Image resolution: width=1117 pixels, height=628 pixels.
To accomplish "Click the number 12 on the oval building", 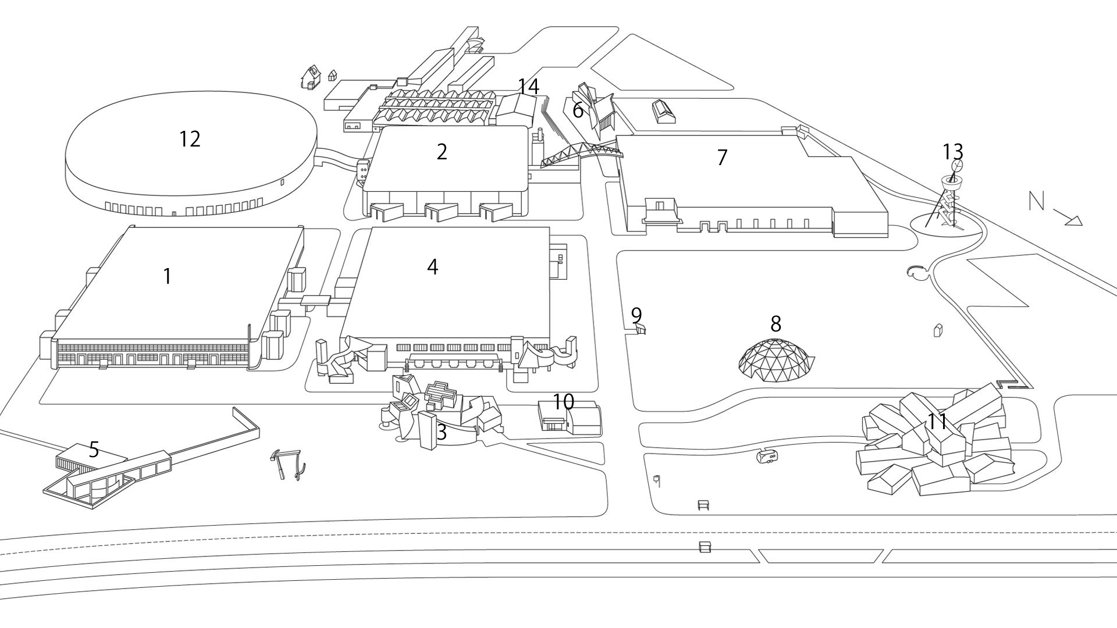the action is [190, 139].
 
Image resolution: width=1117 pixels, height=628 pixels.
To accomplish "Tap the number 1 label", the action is [168, 276].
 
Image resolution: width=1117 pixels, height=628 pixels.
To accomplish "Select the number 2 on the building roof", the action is [442, 152].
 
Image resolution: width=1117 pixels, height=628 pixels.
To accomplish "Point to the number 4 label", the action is [432, 266].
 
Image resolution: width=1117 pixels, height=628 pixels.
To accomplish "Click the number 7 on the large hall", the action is [722, 157].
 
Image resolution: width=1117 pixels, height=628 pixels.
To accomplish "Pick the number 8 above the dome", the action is [776, 324].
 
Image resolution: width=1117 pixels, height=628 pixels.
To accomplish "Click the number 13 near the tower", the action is [953, 152].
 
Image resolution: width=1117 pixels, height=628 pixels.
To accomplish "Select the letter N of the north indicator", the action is [1036, 201].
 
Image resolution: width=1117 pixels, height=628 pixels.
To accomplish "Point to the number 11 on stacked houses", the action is [937, 422].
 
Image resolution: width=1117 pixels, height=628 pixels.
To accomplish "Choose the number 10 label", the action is [563, 401].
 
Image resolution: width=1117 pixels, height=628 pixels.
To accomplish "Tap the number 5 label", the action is [94, 449].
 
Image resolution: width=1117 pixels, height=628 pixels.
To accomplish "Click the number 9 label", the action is [636, 315].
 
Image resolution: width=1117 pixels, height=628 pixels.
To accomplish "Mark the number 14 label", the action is [528, 87].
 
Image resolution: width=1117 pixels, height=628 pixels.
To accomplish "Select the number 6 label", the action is [578, 110].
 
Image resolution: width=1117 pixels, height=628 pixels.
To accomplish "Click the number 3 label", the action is [442, 432].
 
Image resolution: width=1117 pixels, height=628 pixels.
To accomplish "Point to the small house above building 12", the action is [310, 76].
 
